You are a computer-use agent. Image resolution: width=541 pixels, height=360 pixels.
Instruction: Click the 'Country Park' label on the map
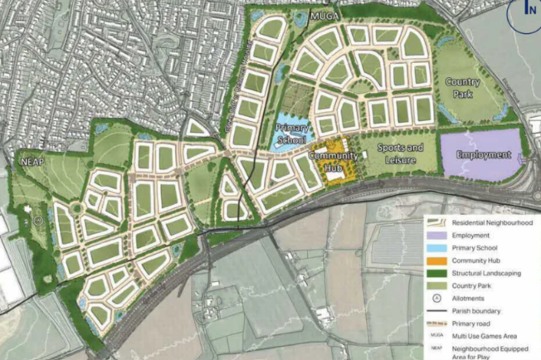[462, 87]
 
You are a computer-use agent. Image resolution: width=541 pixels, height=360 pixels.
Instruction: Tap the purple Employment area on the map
[482, 154]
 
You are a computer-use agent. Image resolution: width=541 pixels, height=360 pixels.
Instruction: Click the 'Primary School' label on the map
[291, 134]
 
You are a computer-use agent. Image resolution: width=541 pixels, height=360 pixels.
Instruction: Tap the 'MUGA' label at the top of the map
[319, 16]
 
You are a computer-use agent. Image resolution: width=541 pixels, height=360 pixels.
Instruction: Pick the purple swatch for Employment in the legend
[436, 236]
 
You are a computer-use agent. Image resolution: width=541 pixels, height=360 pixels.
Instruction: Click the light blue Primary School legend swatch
[436, 248]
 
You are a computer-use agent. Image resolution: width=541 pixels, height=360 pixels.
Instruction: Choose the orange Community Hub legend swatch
[436, 260]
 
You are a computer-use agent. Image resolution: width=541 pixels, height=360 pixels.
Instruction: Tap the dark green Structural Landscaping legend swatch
[436, 273]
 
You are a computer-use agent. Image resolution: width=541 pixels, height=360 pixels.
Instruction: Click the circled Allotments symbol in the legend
[436, 297]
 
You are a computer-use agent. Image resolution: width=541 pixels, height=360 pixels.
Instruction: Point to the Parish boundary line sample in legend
[436, 310]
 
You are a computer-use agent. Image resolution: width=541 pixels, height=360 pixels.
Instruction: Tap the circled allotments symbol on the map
[37, 221]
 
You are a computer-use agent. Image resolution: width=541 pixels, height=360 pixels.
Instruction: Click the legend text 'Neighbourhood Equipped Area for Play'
[489, 351]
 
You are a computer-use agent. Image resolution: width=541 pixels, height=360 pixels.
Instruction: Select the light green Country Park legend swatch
[436, 285]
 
